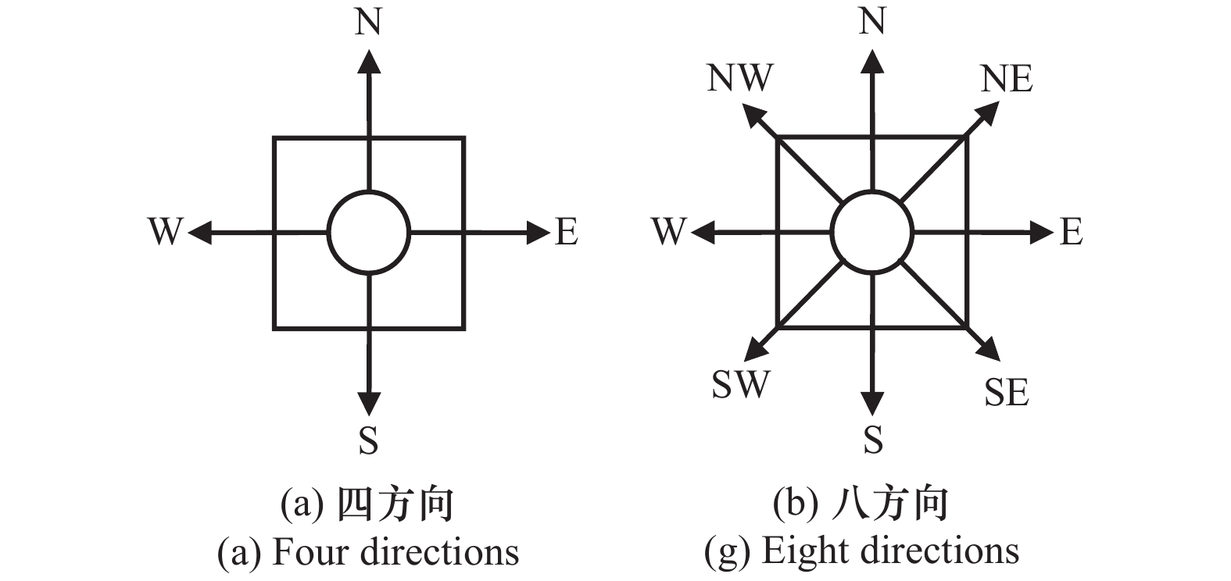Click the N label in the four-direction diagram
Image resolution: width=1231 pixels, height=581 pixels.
[x=368, y=22]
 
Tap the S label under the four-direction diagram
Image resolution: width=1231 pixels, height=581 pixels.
[x=368, y=440]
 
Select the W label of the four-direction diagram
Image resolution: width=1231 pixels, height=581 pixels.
[x=165, y=232]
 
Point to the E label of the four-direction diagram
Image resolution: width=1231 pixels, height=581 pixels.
[x=567, y=232]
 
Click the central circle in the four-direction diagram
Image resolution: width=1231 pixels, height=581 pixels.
[x=368, y=232]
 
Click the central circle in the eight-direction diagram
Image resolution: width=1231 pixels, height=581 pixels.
[x=872, y=232]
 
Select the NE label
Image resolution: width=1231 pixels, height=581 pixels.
[x=1007, y=79]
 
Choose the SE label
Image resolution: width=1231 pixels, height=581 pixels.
[x=1006, y=392]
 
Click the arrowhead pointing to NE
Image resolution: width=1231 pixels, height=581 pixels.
[x=989, y=114]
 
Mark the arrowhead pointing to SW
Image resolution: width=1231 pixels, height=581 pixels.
[x=754, y=351]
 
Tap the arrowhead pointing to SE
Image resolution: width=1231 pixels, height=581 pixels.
[x=989, y=350]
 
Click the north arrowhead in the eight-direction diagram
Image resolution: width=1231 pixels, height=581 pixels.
[x=872, y=61]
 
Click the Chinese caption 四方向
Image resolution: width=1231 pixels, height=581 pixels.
[x=395, y=505]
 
